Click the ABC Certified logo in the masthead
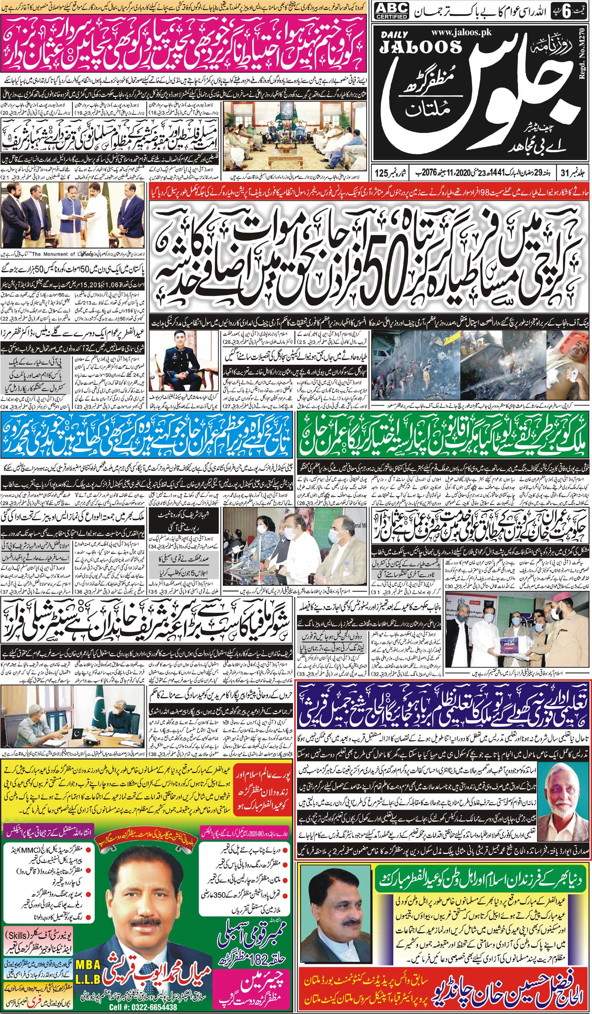click(391, 11)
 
